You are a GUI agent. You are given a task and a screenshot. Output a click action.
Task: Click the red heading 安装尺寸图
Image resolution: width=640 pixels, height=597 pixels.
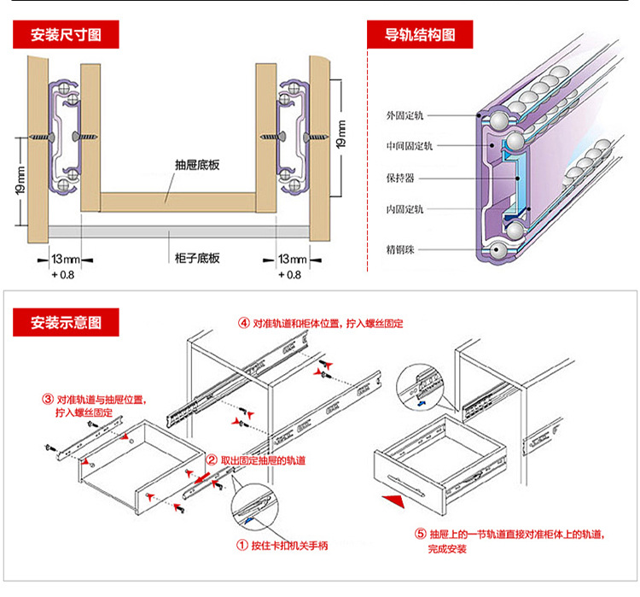click(66, 36)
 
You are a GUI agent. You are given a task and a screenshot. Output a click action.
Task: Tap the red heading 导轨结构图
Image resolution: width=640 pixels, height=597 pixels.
click(419, 36)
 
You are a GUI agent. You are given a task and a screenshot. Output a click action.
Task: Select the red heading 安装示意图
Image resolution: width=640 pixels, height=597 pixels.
click(66, 323)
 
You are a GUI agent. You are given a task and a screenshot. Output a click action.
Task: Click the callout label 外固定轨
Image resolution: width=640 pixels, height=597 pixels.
click(410, 114)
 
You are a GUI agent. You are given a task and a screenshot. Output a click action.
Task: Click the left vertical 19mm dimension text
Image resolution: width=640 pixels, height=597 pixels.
click(21, 182)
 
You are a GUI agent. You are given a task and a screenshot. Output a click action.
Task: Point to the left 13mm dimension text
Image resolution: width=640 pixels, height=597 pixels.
click(66, 258)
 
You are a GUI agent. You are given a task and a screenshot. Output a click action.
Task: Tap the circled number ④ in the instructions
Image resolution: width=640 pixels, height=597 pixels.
click(244, 325)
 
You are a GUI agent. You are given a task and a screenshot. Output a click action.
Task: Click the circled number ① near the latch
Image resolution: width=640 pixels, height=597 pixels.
click(241, 545)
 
